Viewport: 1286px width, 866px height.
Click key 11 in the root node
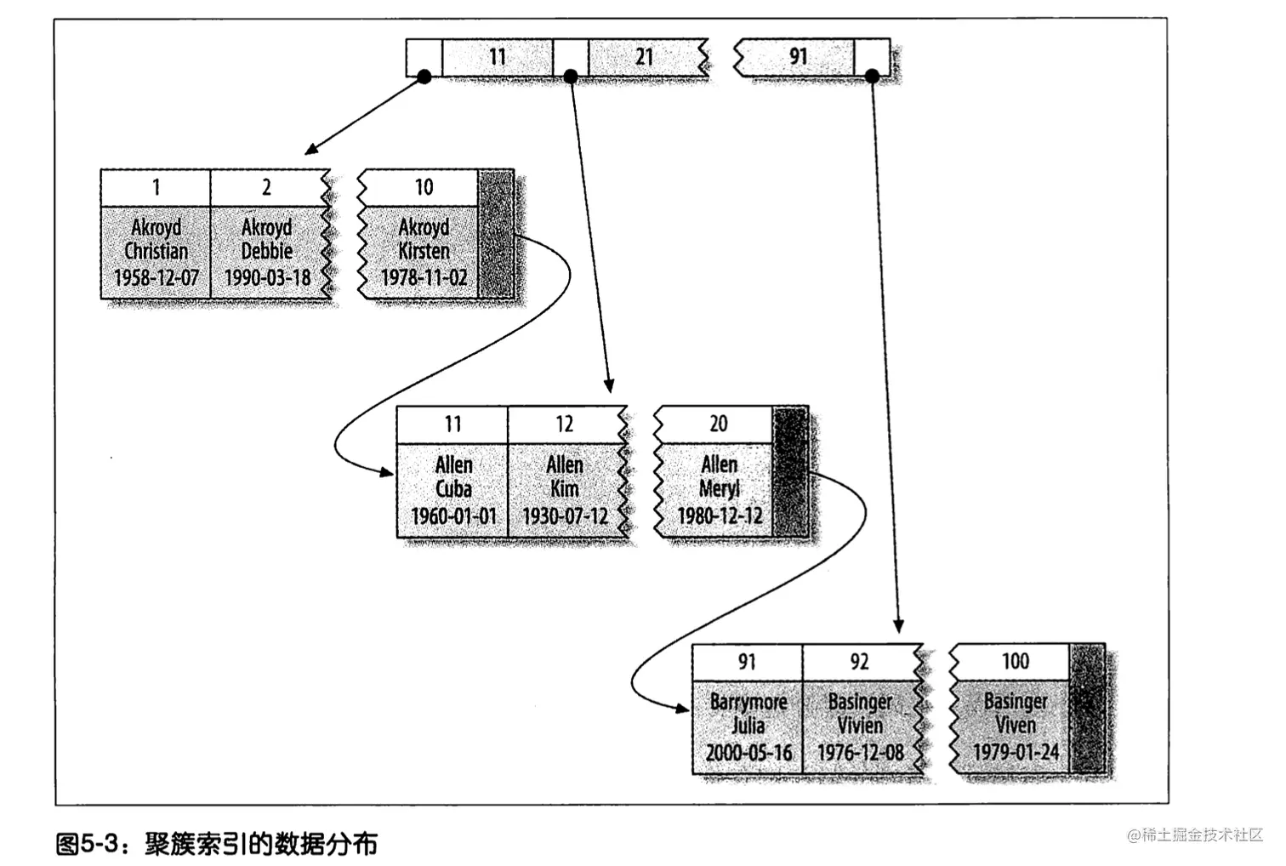pyautogui.click(x=498, y=57)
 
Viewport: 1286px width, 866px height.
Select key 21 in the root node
pyautogui.click(x=644, y=57)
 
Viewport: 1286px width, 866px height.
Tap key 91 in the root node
pyautogui.click(x=797, y=56)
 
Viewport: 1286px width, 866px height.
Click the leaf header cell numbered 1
pyautogui.click(x=156, y=187)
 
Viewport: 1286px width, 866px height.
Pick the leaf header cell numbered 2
pyautogui.click(x=266, y=187)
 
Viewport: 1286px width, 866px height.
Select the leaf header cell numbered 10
pyautogui.click(x=423, y=187)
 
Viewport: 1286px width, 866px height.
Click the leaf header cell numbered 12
pyautogui.click(x=565, y=424)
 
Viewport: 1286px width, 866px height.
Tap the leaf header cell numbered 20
pyautogui.click(x=718, y=424)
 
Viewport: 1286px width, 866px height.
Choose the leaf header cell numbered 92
pyautogui.click(x=859, y=661)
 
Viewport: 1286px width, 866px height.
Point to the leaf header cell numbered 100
pyautogui.click(x=1015, y=661)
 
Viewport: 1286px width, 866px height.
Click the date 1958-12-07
pyautogui.click(x=156, y=277)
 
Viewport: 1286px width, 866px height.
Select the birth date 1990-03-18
pyautogui.click(x=267, y=277)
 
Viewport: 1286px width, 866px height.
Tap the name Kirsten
pyautogui.click(x=424, y=251)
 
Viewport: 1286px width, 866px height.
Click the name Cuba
pyautogui.click(x=453, y=489)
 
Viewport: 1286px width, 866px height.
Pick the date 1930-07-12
pyautogui.click(x=565, y=516)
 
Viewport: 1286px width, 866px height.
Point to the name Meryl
pyautogui.click(x=719, y=489)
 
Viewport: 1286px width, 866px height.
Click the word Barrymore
pyautogui.click(x=748, y=702)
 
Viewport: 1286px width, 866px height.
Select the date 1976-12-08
pyautogui.click(x=860, y=753)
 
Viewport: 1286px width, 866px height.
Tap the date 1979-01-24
pyautogui.click(x=1016, y=752)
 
